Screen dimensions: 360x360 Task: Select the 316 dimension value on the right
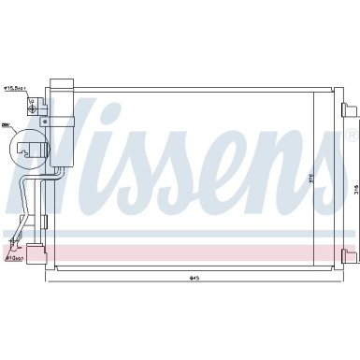[x=355, y=188]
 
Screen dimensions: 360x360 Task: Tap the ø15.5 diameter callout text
[x=16, y=89]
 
